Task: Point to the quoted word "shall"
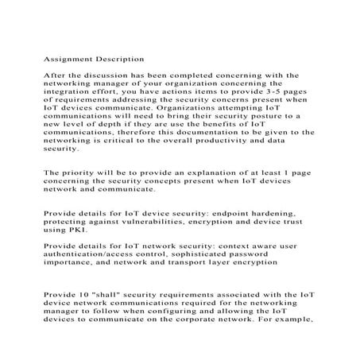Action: [114, 294]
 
